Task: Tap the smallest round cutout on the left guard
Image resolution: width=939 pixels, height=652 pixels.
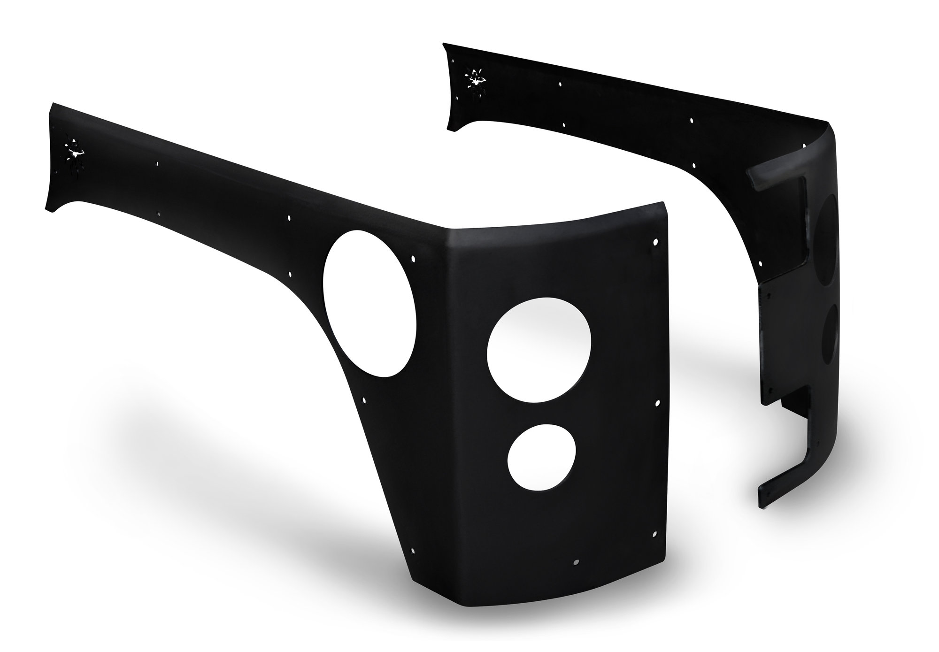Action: pyautogui.click(x=541, y=459)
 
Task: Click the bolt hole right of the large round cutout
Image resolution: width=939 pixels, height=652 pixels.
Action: pyautogui.click(x=657, y=403)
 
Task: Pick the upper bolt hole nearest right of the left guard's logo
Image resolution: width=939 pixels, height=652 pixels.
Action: pyautogui.click(x=158, y=164)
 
